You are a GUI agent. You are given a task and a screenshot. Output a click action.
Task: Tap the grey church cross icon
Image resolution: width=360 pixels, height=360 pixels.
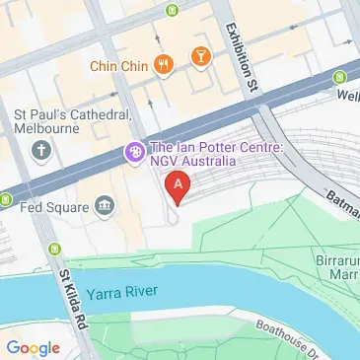coord(39,151)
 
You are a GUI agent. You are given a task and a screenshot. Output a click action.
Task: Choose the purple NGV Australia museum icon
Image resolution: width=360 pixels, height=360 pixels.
coord(131,153)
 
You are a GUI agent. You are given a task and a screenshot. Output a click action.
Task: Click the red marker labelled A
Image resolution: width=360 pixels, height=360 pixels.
coord(178,184)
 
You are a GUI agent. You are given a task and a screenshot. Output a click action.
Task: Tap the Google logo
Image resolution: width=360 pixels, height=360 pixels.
coord(33,346)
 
